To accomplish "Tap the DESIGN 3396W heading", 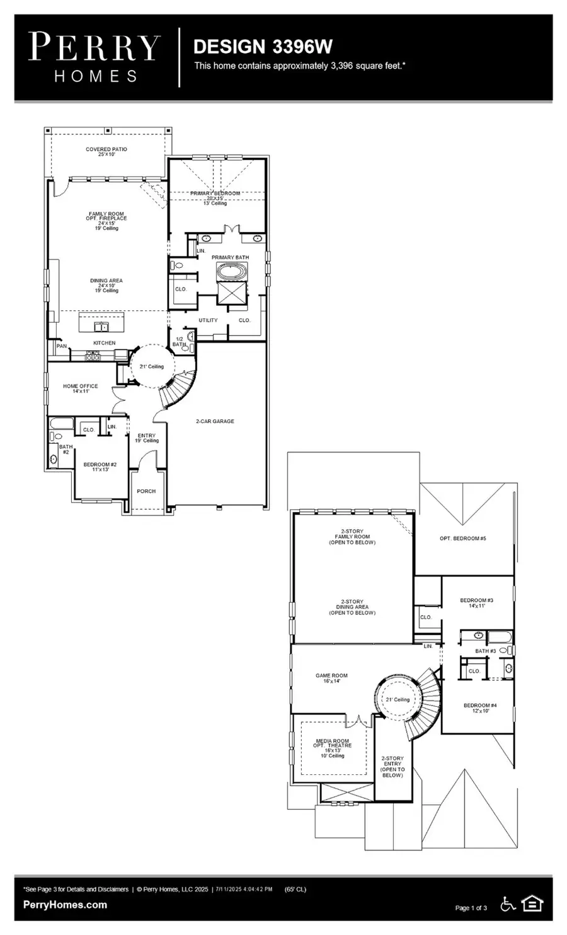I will click(263, 47).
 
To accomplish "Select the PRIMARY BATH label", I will click(230, 257).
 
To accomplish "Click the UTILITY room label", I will click(208, 320).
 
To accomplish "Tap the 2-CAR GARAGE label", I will click(215, 421).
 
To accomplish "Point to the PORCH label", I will click(146, 491).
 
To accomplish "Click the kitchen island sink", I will click(101, 326).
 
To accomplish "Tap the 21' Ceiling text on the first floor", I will click(151, 366).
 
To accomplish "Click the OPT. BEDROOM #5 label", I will click(462, 538).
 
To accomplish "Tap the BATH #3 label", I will click(486, 651).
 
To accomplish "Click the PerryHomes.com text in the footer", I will click(65, 905).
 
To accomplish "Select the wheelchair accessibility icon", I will click(508, 904).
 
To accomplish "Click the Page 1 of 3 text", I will click(471, 908).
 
